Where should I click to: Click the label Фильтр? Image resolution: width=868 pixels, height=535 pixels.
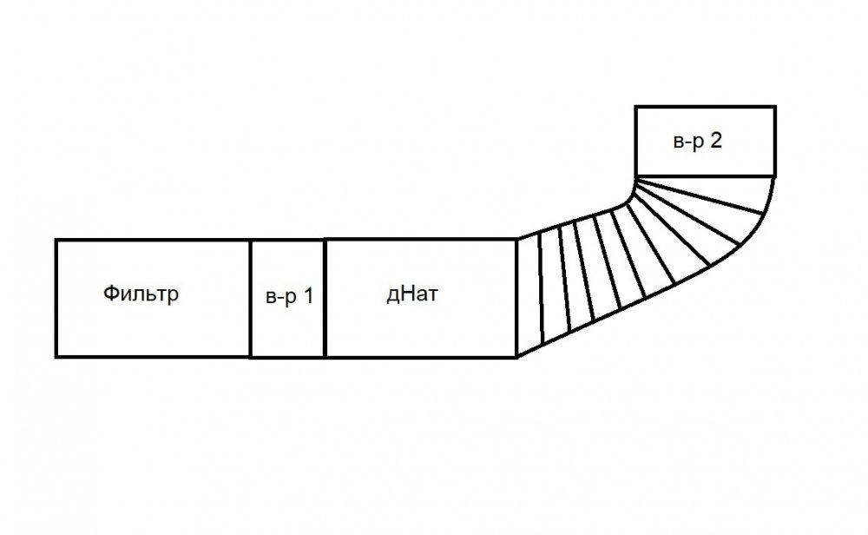tap(141, 294)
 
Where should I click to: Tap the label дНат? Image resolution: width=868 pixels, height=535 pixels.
tap(412, 295)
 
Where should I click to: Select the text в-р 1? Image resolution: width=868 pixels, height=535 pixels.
tap(288, 296)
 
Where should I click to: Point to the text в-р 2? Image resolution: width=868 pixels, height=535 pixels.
tap(698, 141)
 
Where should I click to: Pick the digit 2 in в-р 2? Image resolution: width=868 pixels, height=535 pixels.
tap(716, 141)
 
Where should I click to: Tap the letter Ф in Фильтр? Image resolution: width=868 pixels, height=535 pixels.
tap(110, 294)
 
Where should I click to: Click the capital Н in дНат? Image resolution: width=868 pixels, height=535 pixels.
tap(405, 295)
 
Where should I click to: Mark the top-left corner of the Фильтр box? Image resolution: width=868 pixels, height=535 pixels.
tap(56, 240)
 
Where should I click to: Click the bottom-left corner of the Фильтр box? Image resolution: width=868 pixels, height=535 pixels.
tap(56, 356)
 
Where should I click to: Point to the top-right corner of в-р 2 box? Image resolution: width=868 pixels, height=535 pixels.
tap(774, 107)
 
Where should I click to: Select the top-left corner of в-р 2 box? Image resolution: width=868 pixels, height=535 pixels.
tap(636, 107)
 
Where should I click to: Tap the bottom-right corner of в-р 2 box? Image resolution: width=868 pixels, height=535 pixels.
tap(774, 175)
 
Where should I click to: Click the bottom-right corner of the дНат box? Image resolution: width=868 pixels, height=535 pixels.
tap(516, 356)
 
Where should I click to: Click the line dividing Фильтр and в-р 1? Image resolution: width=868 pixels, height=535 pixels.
tap(250, 298)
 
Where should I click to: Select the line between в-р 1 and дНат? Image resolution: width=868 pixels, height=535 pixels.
tap(325, 298)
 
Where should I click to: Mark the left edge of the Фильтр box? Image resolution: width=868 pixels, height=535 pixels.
tap(56, 298)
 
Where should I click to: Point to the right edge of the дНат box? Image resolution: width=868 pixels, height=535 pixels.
tap(516, 298)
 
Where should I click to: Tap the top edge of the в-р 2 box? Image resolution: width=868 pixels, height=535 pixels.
tap(705, 107)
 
